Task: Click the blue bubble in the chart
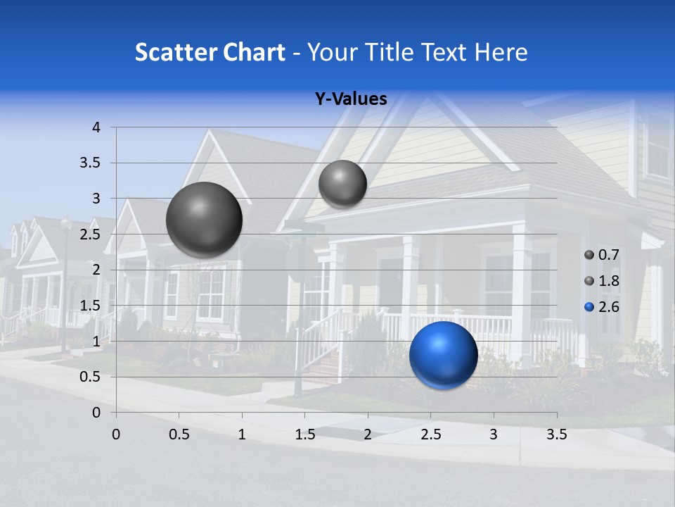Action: click(443, 355)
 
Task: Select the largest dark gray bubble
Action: click(204, 220)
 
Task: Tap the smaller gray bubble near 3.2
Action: click(342, 184)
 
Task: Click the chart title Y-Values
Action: click(350, 99)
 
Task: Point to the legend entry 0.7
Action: click(602, 255)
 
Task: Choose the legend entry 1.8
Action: click(602, 281)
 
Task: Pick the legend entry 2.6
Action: click(602, 307)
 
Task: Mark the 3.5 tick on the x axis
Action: click(556, 434)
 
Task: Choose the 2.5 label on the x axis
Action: click(430, 434)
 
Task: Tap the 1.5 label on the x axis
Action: click(304, 434)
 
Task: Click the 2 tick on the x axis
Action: click(368, 434)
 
